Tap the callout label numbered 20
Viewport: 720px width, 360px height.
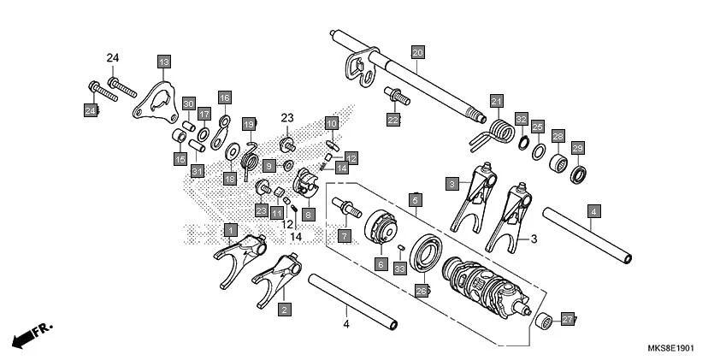tap(417, 52)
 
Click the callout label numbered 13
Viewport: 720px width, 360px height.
tap(163, 61)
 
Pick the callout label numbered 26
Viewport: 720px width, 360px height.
tap(421, 291)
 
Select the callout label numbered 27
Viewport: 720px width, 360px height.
tap(568, 319)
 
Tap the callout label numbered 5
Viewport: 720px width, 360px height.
tap(415, 200)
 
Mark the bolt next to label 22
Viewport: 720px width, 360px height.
tap(397, 96)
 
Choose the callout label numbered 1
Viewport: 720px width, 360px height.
tap(230, 229)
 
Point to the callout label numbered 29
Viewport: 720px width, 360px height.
tap(577, 148)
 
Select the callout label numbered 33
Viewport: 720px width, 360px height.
tap(399, 269)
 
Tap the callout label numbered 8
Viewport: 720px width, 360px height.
tap(308, 215)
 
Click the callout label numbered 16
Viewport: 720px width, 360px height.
tap(225, 97)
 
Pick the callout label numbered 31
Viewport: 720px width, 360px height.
tap(198, 171)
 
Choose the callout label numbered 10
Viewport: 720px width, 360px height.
tap(332, 123)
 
